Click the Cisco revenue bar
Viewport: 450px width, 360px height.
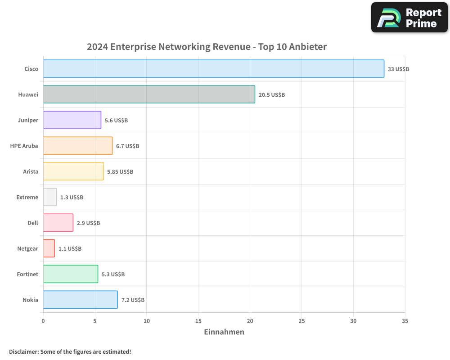tap(214, 69)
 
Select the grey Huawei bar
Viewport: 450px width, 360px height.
tap(149, 94)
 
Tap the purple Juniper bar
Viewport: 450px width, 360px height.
tap(72, 120)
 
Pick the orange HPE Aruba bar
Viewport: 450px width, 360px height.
tap(78, 146)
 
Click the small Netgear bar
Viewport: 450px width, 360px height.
tap(49, 248)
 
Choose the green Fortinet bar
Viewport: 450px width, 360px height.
tap(71, 274)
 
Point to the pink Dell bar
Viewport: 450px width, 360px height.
tap(58, 223)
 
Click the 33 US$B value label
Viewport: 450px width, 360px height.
tap(398, 69)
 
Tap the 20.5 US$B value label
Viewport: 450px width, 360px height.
tap(272, 95)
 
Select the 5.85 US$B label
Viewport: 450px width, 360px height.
tap(120, 172)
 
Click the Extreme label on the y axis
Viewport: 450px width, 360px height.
tap(27, 197)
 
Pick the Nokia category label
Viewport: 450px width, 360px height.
tap(30, 300)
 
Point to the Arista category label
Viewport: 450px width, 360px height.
tap(31, 171)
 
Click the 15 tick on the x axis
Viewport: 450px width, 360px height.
tap(198, 321)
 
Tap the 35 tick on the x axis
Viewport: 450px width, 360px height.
tap(405, 321)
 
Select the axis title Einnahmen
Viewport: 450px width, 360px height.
tap(224, 332)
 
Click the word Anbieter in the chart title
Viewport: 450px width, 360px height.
tap(308, 47)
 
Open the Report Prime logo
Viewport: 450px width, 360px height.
tap(409, 18)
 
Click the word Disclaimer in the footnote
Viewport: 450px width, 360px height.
tap(23, 351)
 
